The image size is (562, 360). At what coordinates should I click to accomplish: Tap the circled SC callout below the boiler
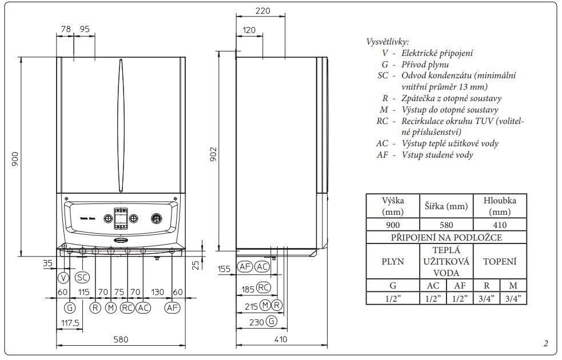coord(82,278)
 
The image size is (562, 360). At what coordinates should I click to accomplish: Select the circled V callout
coord(63,278)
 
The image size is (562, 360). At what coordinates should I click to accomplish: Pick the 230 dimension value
coord(256,322)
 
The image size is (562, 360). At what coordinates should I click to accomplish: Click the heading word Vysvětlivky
coord(387,42)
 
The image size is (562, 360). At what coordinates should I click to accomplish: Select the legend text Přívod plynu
coord(425,65)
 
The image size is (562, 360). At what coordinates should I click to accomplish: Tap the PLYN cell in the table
coord(392,262)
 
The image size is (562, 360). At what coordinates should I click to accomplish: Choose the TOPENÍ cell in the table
coord(500,262)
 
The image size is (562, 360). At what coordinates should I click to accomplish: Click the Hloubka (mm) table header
coord(500,206)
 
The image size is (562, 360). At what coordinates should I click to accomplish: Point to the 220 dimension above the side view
coord(262,11)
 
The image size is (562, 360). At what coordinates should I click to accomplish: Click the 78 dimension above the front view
coord(65,29)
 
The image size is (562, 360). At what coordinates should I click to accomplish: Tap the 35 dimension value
coord(47,263)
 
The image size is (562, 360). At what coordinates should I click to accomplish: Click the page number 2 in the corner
coord(545,343)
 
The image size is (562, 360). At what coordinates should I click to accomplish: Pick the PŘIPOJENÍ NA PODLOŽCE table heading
coord(446,238)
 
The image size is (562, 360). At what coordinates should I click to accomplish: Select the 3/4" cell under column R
coord(487,298)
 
